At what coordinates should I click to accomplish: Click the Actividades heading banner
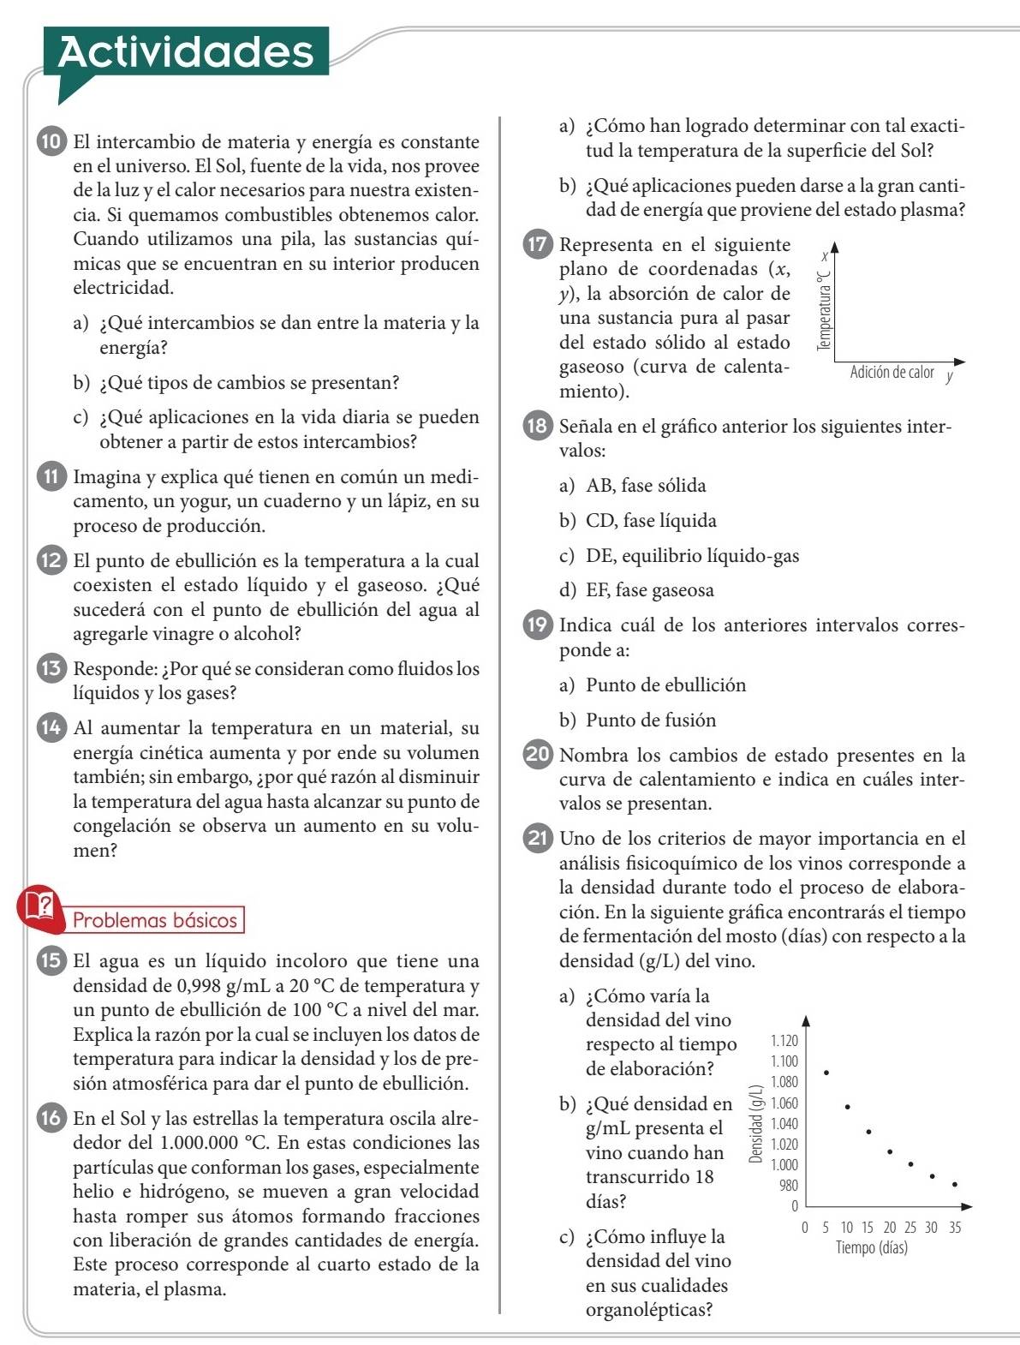[x=186, y=51]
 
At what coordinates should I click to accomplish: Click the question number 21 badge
[x=538, y=839]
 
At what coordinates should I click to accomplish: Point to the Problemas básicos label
[x=154, y=921]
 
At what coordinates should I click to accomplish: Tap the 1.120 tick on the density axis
[x=784, y=1041]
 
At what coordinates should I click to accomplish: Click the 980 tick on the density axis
[x=788, y=1186]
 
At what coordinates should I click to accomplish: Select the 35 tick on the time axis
[x=954, y=1228]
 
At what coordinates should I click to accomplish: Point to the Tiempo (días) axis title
[x=871, y=1247]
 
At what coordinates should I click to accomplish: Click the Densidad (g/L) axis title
[x=755, y=1123]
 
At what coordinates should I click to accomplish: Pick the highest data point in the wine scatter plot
[x=826, y=1072]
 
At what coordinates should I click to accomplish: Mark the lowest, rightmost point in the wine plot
[x=954, y=1185]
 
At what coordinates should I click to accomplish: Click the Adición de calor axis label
[x=892, y=373]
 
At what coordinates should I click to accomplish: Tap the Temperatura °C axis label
[x=824, y=310]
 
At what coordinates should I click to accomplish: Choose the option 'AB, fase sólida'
[x=645, y=486]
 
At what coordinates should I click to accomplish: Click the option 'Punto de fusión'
[x=650, y=720]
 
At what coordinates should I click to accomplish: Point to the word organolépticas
[x=648, y=1310]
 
